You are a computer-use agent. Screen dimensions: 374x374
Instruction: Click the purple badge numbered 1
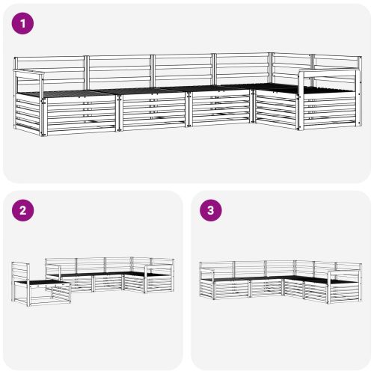pyautogui.click(x=23, y=23)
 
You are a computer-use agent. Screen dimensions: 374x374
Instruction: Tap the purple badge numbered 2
pyautogui.click(x=23, y=211)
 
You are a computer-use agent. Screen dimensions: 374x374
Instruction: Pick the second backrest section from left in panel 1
pyautogui.click(x=120, y=70)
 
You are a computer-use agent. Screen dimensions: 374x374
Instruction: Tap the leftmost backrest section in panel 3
pyautogui.click(x=217, y=268)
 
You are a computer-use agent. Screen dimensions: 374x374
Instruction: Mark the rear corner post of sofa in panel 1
pyautogui.click(x=271, y=67)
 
